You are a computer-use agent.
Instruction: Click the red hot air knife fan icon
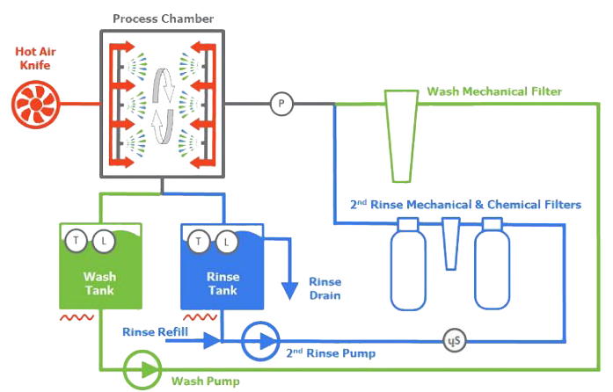tap(36, 105)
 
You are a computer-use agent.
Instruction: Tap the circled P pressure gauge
tap(281, 104)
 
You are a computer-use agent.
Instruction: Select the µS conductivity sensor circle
tap(455, 340)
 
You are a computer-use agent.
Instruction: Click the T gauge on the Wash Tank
tap(77, 240)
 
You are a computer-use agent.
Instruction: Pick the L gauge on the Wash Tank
tap(104, 241)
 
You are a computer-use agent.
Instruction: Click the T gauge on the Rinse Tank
tap(199, 241)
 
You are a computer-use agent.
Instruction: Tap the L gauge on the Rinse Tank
tap(226, 243)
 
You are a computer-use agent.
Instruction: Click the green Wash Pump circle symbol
tap(142, 370)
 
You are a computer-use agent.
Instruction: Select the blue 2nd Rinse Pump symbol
tap(260, 341)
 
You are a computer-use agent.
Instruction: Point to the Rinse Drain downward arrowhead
tap(289, 291)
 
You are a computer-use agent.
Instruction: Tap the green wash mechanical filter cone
tap(401, 136)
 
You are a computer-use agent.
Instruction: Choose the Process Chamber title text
tap(163, 18)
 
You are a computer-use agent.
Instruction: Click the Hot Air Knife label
tap(35, 58)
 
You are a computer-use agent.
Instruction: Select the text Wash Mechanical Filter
tap(494, 91)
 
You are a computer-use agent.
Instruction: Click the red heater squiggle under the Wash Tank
tap(77, 317)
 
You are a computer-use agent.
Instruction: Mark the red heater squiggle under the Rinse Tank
tap(200, 317)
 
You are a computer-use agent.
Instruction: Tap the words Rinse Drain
tap(325, 288)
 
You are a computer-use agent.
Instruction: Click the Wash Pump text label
tap(206, 381)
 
